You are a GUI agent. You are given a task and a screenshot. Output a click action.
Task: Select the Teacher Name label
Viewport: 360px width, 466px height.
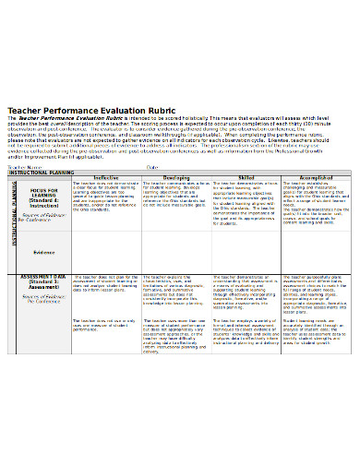[x=26, y=167]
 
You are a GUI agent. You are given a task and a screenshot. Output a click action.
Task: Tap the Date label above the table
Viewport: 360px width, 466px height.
[x=152, y=167]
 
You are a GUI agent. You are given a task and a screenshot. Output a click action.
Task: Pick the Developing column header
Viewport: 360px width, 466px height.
[x=175, y=178]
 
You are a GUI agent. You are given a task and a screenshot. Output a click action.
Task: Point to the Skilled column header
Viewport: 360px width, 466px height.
[x=246, y=178]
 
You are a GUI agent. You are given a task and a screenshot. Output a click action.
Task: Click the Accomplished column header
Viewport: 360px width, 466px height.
[x=316, y=178]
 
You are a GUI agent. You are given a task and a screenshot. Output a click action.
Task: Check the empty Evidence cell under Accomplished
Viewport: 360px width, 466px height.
[x=316, y=251]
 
